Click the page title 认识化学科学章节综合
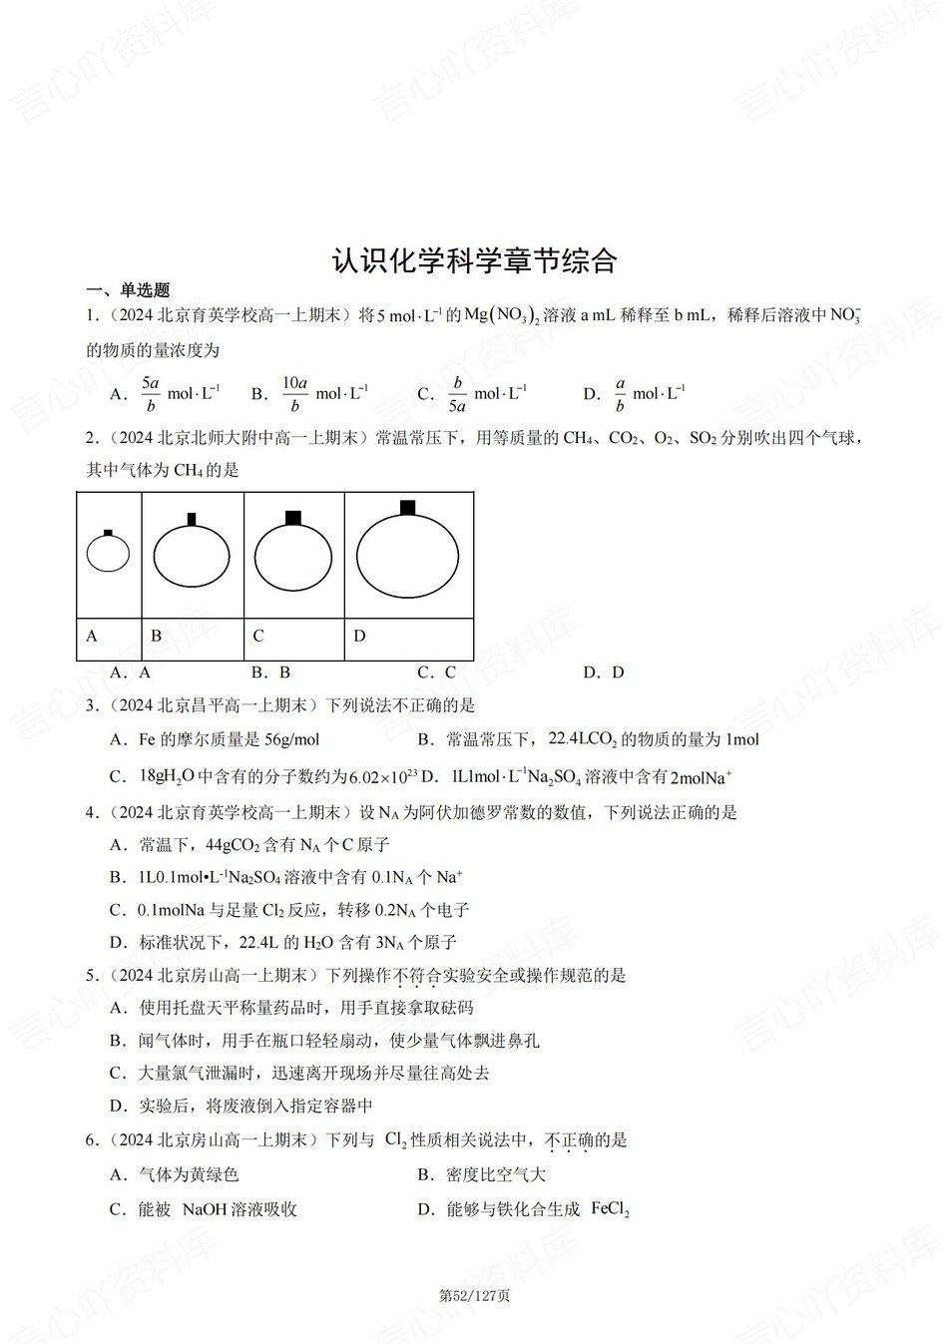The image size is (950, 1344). coord(474,260)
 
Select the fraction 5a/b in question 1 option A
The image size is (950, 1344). coord(151,394)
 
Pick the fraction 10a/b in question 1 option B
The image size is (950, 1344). coord(294,394)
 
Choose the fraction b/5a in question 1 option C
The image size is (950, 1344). coord(457,394)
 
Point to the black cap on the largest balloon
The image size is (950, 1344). coord(407,508)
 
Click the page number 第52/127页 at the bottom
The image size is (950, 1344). coord(475,1296)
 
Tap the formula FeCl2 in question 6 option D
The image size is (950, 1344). coord(610,1209)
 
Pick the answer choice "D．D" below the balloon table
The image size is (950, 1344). coord(603,672)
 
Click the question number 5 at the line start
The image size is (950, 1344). coord(91,975)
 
